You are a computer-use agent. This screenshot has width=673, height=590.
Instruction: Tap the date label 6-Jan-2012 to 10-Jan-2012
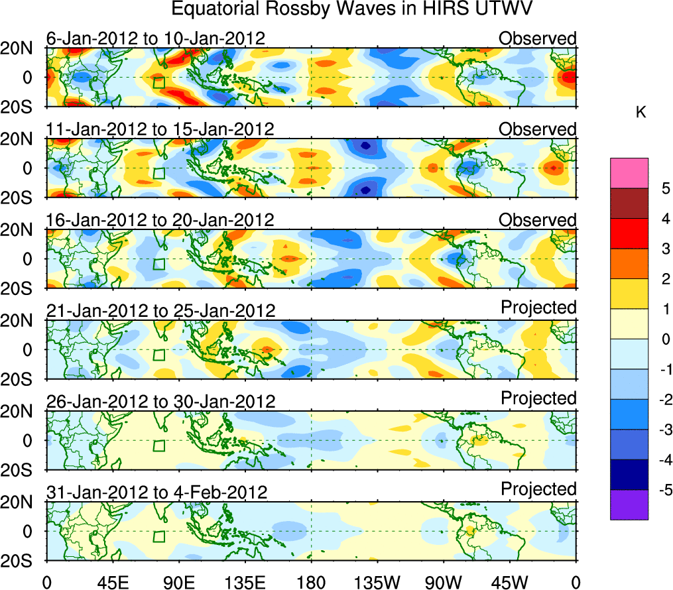[x=156, y=38]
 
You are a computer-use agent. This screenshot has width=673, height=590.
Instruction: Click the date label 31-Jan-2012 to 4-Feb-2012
[x=157, y=493]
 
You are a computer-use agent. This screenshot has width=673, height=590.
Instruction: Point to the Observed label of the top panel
[x=537, y=38]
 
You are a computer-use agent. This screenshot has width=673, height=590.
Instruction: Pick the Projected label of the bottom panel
[x=538, y=489]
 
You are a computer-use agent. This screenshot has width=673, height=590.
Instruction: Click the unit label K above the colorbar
[x=641, y=113]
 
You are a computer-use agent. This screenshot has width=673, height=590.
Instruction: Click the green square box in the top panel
[x=158, y=82]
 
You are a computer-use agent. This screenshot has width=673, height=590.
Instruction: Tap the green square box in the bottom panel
[x=158, y=536]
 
